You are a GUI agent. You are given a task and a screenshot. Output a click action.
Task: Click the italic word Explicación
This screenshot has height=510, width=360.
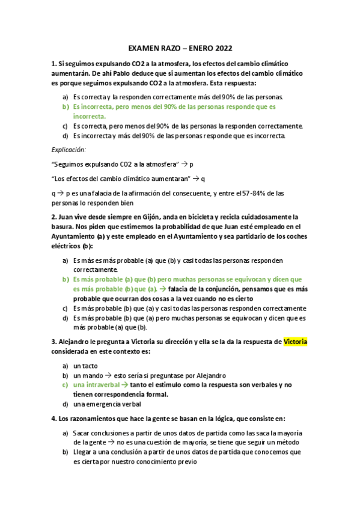(x=69, y=149)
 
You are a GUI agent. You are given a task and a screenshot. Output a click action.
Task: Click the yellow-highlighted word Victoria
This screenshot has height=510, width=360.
(x=295, y=342)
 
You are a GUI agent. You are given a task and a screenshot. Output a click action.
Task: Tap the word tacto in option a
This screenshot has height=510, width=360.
(x=90, y=366)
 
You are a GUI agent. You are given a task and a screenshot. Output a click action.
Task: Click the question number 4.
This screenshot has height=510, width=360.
(x=55, y=418)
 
